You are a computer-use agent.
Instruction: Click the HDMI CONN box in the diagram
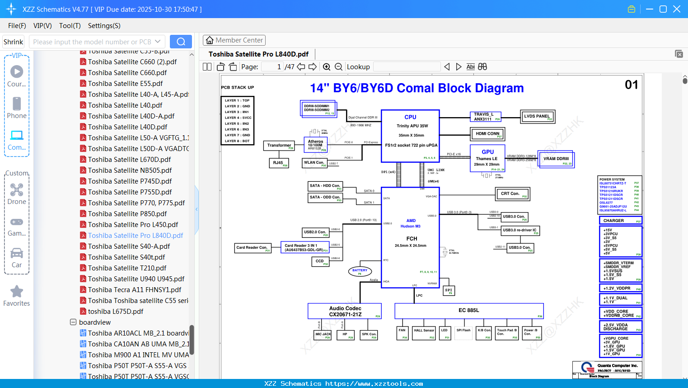[x=487, y=134]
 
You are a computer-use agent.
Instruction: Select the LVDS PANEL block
[x=537, y=117]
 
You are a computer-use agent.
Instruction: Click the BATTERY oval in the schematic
[x=360, y=271]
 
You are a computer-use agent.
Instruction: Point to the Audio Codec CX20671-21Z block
[x=345, y=311]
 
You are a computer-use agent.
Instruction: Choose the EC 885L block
[x=469, y=311]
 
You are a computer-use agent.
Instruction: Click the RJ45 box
[x=279, y=163]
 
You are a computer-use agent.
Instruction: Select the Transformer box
[x=279, y=146]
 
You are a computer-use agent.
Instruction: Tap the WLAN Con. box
[x=314, y=163]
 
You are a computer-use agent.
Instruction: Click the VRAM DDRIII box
[x=556, y=159]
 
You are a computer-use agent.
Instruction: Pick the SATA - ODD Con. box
[x=325, y=198]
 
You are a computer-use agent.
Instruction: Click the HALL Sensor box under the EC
[x=424, y=333]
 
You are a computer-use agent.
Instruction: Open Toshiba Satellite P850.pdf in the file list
[x=127, y=214]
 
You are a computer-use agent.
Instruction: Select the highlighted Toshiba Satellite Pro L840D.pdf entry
[x=136, y=236]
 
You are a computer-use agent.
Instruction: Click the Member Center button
[x=234, y=40]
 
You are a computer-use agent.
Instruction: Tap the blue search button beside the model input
[x=181, y=42]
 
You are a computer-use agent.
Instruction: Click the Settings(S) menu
[x=104, y=26]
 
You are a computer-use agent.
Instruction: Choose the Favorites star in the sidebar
[x=17, y=296]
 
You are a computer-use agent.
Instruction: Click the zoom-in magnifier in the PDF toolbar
[x=327, y=67]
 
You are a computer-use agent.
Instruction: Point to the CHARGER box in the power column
[x=619, y=221]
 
